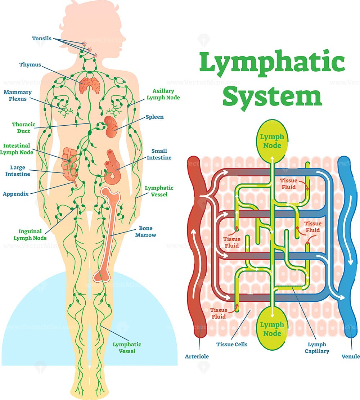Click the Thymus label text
click(x=30, y=65)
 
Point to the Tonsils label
click(x=41, y=39)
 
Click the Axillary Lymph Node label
click(x=163, y=94)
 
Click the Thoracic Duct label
click(x=23, y=128)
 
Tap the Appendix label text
click(x=15, y=194)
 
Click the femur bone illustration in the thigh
click(x=107, y=234)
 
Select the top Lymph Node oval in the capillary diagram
click(x=272, y=141)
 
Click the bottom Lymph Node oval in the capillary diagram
click(x=272, y=329)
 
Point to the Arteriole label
click(x=197, y=356)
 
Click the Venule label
click(x=350, y=356)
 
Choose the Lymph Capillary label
click(x=317, y=347)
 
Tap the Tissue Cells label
click(x=232, y=345)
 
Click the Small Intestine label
click(x=159, y=154)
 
